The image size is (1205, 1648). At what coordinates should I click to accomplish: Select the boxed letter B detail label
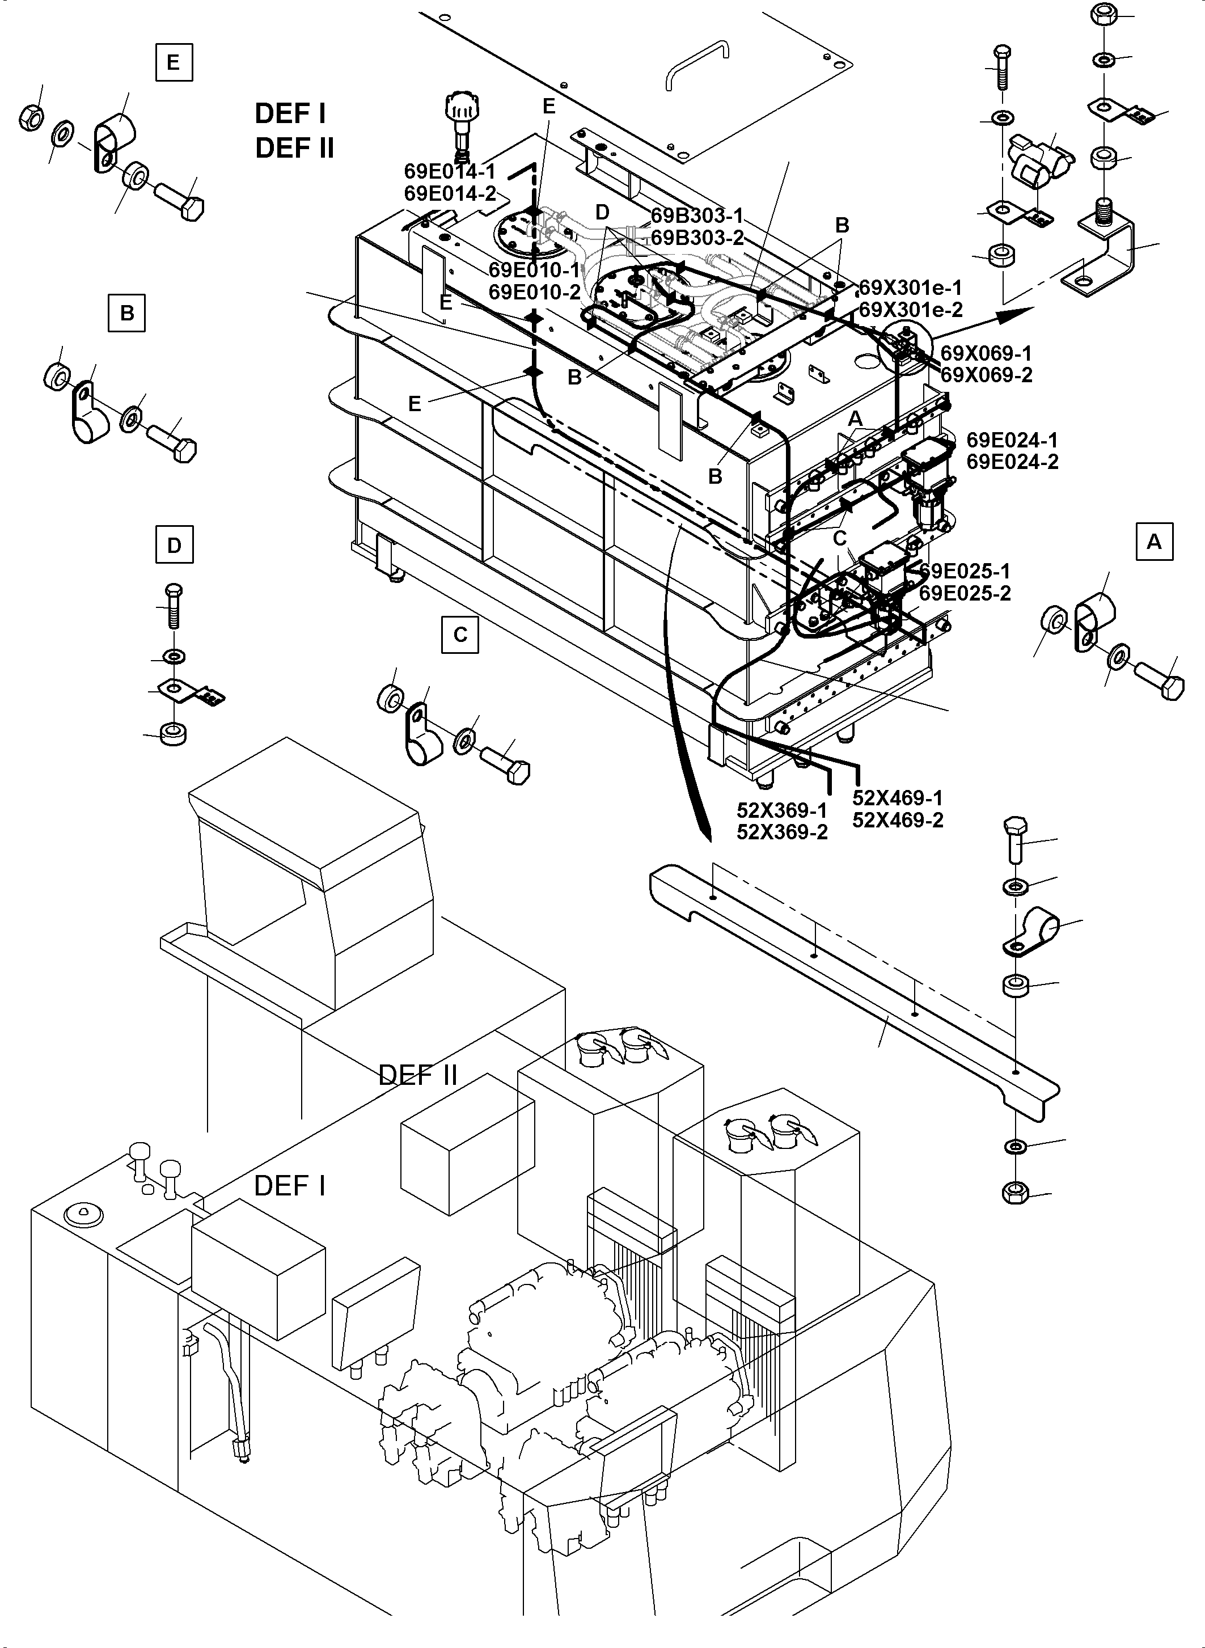coord(127,313)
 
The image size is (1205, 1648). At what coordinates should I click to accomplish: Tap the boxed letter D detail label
coord(174,545)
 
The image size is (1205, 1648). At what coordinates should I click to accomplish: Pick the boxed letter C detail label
coord(460,634)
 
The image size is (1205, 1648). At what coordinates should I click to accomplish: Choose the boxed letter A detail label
coord(1154,542)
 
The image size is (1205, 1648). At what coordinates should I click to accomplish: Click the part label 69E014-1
coord(449,171)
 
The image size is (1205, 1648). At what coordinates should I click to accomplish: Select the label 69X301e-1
coord(910,287)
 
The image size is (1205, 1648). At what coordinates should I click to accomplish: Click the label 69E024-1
coord(1012,440)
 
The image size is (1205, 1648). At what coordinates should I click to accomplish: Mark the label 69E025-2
coord(965,593)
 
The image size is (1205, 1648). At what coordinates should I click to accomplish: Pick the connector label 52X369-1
coord(781,810)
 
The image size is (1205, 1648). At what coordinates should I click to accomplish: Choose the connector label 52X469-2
coord(897,820)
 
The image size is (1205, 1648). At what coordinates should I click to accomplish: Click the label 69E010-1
coord(534,270)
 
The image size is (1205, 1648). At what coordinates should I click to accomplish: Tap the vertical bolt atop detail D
coord(174,604)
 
